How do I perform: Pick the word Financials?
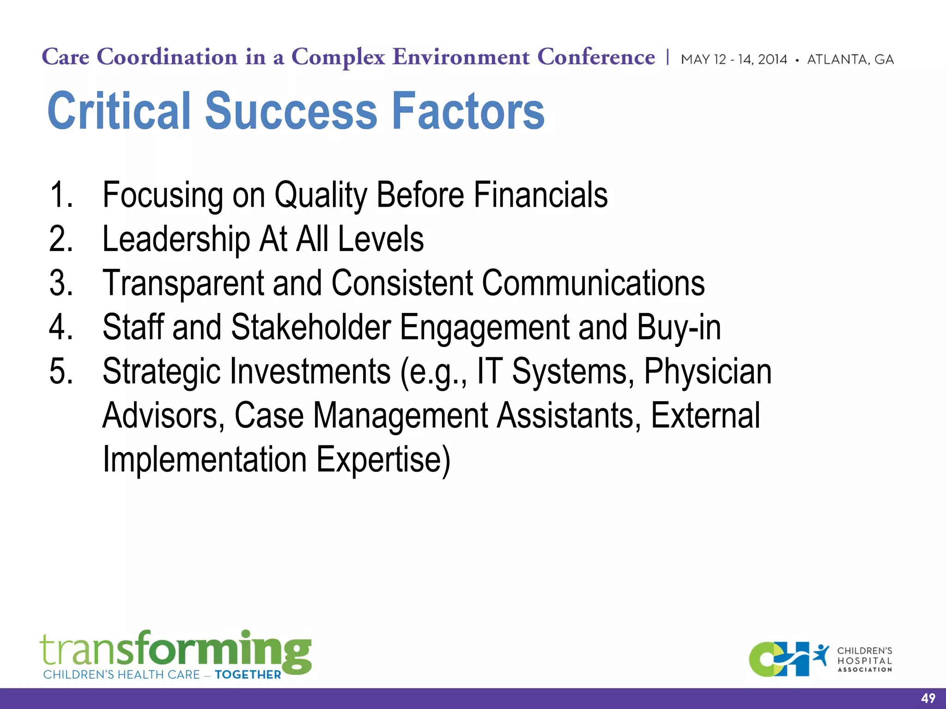click(x=540, y=195)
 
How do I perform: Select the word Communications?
click(x=593, y=283)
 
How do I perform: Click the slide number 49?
click(x=928, y=698)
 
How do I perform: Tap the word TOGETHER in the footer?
click(x=248, y=675)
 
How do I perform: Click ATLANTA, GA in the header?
click(x=850, y=60)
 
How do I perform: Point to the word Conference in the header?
click(x=596, y=57)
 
